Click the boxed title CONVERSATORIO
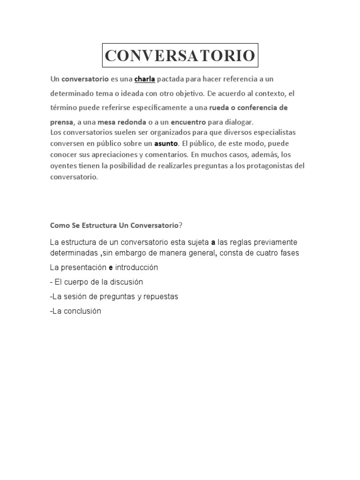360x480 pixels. coord(180,55)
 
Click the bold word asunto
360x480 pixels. coord(166,144)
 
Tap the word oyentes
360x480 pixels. coord(63,166)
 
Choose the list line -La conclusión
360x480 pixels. coord(75,311)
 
